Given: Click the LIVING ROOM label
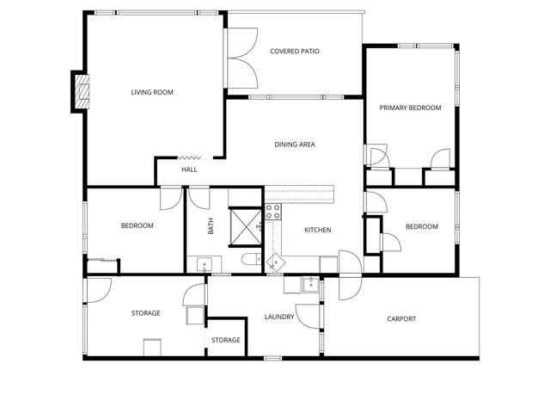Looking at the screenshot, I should (152, 92).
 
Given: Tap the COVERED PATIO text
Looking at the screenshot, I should (295, 52).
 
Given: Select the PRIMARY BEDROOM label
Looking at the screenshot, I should (410, 108).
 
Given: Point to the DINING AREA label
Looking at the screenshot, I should (294, 145).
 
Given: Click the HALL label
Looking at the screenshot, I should (189, 170).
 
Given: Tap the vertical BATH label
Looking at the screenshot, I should (211, 226).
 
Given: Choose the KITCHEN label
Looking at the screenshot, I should (317, 230).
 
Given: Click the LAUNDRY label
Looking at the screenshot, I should (279, 317).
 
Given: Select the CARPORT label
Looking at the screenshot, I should (401, 319).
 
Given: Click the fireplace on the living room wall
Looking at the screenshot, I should (80, 92).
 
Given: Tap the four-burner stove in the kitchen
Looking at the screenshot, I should (273, 212).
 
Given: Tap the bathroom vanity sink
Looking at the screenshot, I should (203, 263).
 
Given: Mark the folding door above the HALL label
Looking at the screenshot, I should (189, 157).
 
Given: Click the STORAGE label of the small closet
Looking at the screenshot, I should (226, 340).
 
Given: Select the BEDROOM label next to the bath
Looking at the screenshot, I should (137, 225).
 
